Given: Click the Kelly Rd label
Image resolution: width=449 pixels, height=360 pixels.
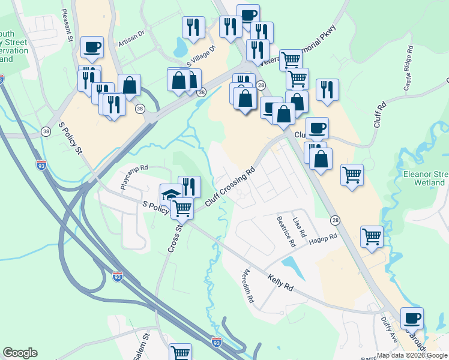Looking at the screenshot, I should [281, 283].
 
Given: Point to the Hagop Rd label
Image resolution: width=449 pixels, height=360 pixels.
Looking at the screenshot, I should [324, 239].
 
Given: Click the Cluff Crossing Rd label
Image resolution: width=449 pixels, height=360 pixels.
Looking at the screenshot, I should [231, 187].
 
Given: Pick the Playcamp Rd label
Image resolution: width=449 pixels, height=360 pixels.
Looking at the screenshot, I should [134, 178].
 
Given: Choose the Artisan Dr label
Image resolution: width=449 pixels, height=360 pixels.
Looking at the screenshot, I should [131, 39].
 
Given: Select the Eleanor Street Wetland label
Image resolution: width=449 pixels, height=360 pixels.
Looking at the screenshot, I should [425, 178].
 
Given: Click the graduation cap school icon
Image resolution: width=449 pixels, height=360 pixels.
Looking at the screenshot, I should [170, 194].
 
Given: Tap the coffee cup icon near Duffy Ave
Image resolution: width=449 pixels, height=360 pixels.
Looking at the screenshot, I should [412, 317].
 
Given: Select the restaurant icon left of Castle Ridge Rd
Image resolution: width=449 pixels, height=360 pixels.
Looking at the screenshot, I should [327, 88].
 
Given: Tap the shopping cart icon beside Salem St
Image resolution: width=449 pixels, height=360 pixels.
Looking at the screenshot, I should [180, 353].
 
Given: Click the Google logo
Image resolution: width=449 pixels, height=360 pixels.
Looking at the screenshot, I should [20, 353].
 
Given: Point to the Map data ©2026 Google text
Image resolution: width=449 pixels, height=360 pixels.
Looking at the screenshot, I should [412, 355].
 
